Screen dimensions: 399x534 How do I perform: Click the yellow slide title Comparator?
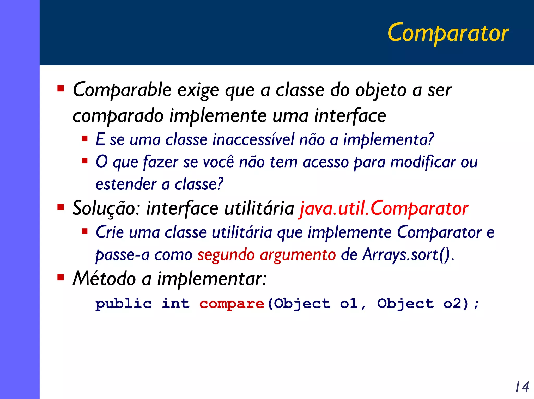point(448,33)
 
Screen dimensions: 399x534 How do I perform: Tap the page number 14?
point(522,387)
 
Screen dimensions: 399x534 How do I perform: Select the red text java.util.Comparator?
point(384,208)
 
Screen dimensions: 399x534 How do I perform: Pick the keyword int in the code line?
point(175,303)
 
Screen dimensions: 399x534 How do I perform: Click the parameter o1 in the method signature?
point(349,303)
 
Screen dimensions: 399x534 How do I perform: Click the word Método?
point(104,278)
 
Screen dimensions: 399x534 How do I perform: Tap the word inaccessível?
point(253,139)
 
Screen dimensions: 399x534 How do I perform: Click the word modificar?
point(423,162)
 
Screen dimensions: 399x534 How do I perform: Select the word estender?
point(126,184)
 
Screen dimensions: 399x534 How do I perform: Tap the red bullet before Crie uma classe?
point(84,231)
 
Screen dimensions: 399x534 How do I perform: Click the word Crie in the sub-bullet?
point(110,232)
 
